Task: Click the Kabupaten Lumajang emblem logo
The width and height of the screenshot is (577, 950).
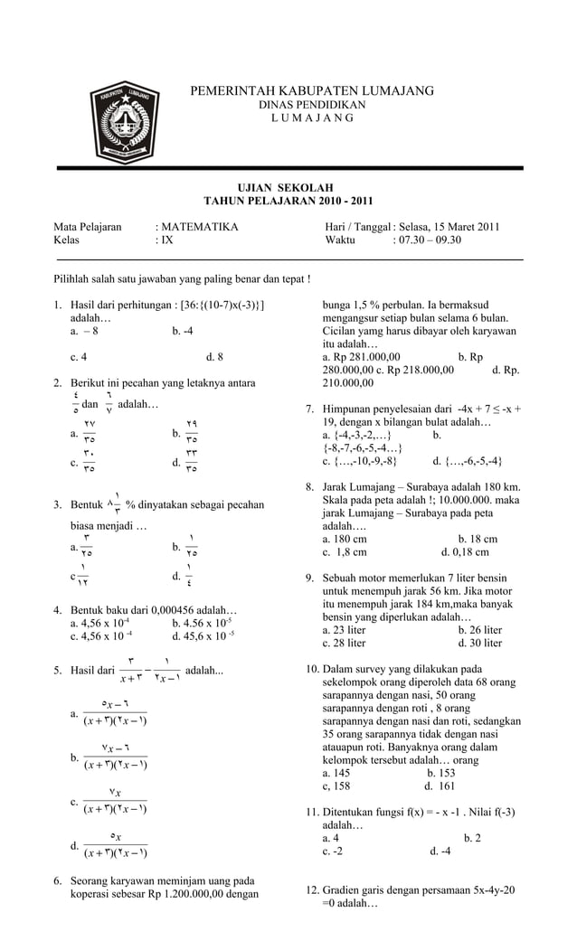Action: (x=124, y=123)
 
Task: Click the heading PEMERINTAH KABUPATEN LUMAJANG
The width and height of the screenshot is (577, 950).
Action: (x=312, y=91)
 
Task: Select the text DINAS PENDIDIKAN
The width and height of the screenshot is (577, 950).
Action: (x=312, y=106)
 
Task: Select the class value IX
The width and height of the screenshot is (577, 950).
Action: (x=167, y=240)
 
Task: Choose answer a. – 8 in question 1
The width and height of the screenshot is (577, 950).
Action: (x=84, y=331)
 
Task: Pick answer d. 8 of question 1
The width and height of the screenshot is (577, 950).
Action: (x=214, y=356)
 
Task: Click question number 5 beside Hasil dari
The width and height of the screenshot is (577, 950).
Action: (x=58, y=671)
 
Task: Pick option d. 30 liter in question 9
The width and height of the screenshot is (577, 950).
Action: (x=480, y=643)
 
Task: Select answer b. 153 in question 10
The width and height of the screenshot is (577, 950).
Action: (x=440, y=773)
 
